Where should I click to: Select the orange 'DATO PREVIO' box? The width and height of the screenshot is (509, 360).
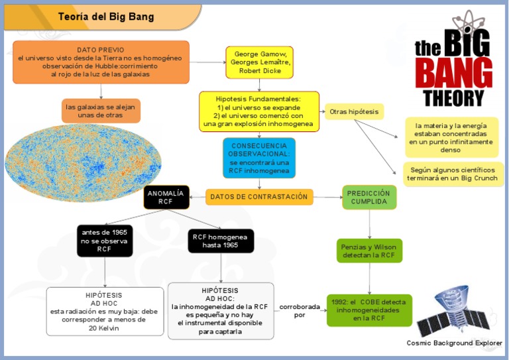pyautogui.click(x=101, y=62)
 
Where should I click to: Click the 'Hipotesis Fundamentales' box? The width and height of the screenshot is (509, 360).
pyautogui.click(x=258, y=111)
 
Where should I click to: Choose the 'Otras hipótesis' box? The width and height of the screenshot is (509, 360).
pyautogui.click(x=354, y=111)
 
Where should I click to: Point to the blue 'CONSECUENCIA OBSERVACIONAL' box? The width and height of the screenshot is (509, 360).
pyautogui.click(x=258, y=158)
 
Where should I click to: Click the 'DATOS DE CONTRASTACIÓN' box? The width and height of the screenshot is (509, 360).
pyautogui.click(x=259, y=197)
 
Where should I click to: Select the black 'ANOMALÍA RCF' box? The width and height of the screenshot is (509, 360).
pyautogui.click(x=166, y=198)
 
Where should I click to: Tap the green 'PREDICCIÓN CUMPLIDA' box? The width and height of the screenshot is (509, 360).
pyautogui.click(x=369, y=197)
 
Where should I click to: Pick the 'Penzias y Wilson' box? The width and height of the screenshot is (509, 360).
pyautogui.click(x=369, y=251)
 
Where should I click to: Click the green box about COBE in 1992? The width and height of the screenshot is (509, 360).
pyautogui.click(x=369, y=310)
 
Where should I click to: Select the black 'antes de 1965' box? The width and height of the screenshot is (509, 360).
pyautogui.click(x=105, y=241)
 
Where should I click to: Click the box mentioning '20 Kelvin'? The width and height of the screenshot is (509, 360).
pyautogui.click(x=105, y=311)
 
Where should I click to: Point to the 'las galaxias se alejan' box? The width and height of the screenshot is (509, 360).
pyautogui.click(x=101, y=111)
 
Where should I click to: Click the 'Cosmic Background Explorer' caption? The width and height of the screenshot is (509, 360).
pyautogui.click(x=454, y=343)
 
